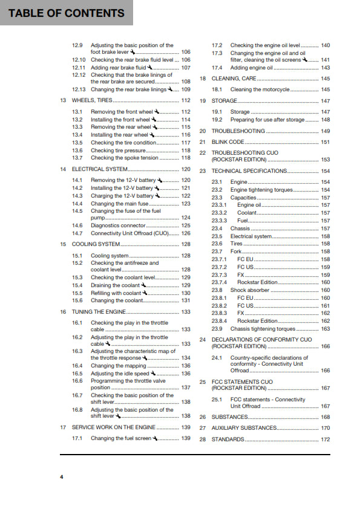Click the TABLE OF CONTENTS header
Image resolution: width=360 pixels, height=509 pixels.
click(x=66, y=13)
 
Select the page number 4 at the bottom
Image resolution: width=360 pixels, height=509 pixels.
click(x=61, y=478)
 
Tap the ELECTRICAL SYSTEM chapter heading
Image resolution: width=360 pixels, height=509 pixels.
click(x=101, y=169)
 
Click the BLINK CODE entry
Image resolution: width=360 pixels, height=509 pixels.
click(x=228, y=142)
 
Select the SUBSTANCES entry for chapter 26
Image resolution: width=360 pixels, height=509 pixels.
click(x=229, y=417)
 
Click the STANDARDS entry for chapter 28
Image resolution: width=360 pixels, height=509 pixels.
click(x=228, y=439)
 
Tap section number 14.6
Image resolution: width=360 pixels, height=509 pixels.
click(x=77, y=225)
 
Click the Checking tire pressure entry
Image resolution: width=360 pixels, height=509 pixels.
click(x=118, y=151)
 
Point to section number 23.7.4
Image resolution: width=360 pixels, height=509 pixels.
click(x=219, y=282)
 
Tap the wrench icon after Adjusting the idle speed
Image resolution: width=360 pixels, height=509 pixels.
click(x=152, y=374)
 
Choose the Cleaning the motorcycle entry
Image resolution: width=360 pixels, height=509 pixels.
click(x=260, y=89)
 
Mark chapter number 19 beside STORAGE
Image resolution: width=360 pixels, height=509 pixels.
click(x=203, y=101)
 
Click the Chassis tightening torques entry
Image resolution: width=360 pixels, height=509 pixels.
click(x=263, y=329)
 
